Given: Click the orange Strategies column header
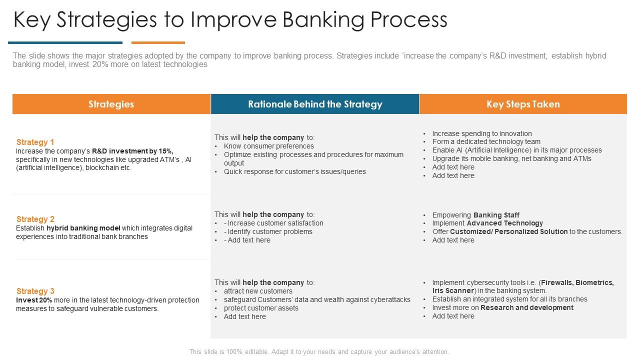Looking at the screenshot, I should click(111, 104).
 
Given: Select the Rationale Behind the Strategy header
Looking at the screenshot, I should click(315, 104).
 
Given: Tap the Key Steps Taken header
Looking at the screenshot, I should click(523, 104).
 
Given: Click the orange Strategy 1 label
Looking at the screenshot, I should click(35, 142).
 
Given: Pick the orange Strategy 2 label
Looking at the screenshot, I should click(35, 219).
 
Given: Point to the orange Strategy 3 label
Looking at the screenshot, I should click(35, 291).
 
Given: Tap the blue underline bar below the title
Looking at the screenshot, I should click(65, 43).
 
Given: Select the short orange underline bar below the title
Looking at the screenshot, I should click(158, 43).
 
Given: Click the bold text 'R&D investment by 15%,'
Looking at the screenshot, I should click(132, 151).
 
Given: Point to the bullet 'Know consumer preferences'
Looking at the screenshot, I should click(268, 146).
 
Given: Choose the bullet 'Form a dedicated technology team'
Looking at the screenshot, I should click(486, 141).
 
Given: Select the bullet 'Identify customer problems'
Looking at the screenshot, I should click(270, 231).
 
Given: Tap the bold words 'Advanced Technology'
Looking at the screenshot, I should click(504, 223).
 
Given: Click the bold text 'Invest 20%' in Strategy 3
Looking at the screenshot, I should click(34, 300).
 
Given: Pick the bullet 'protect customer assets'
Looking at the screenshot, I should click(261, 308).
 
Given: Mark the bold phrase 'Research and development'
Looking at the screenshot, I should click(526, 307).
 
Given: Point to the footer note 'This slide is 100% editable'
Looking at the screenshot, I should click(319, 351).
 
